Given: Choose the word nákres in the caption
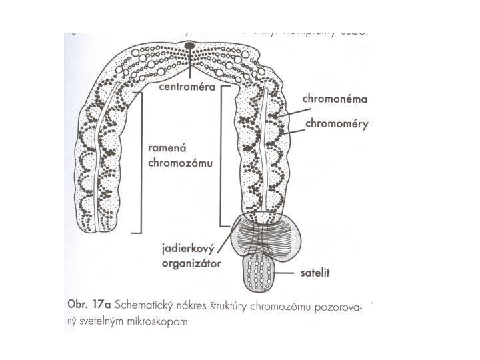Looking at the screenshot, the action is (197, 305).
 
